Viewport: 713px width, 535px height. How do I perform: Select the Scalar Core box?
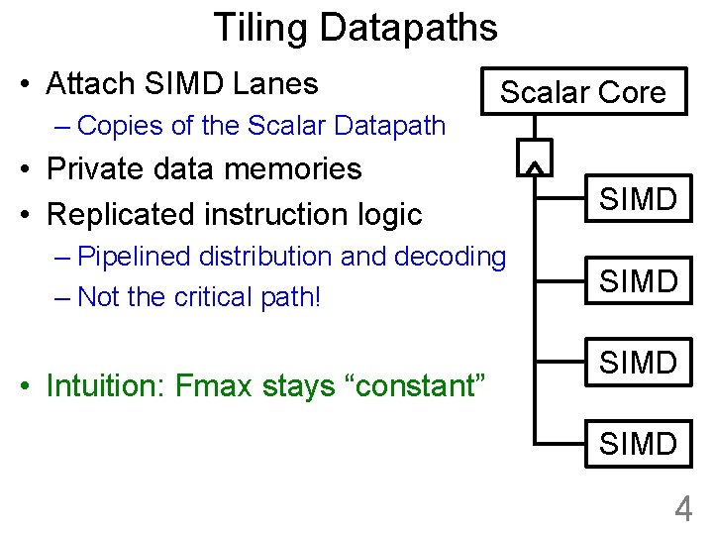[582, 92]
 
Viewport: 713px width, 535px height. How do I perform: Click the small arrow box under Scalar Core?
[534, 157]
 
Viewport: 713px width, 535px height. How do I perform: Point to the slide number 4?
[683, 509]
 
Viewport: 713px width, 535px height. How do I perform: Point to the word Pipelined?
[134, 257]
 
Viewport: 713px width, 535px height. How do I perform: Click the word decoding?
[451, 257]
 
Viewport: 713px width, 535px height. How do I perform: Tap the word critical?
[210, 296]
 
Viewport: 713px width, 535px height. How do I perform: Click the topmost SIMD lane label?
[639, 199]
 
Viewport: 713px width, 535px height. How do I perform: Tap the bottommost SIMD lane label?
[639, 443]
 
